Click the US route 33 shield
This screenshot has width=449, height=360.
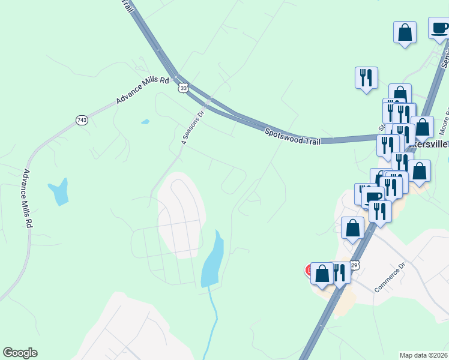(182, 88)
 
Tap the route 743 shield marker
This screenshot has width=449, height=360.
(82, 120)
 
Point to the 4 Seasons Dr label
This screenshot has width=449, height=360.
(193, 128)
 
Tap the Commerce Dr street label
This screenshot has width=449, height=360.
(390, 277)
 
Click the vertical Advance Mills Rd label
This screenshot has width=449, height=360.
(26, 197)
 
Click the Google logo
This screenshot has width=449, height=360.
(20, 353)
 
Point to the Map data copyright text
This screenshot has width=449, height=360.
(424, 355)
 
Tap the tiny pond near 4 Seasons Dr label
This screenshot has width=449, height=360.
(145, 122)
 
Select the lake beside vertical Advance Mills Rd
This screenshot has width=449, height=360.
(59, 191)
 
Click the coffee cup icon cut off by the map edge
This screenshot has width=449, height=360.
(439, 28)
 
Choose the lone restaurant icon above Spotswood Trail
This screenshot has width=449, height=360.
(366, 77)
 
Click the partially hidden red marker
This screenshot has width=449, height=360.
(309, 270)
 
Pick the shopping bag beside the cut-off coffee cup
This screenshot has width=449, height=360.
(405, 32)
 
